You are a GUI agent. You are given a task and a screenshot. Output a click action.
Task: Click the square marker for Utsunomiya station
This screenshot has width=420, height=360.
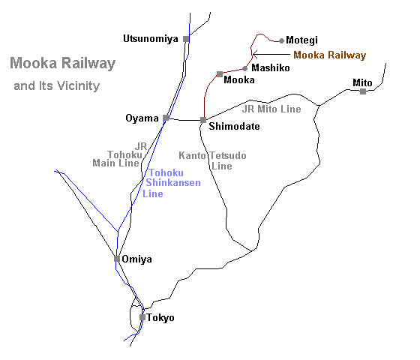pyautogui.click(x=186, y=39)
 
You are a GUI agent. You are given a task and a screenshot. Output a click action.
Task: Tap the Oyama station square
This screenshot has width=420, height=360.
pyautogui.click(x=166, y=118)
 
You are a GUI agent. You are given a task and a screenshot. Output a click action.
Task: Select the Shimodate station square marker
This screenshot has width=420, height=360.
pyautogui.click(x=203, y=120)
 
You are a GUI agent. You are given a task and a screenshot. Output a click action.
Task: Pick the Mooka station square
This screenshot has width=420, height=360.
pyautogui.click(x=220, y=74)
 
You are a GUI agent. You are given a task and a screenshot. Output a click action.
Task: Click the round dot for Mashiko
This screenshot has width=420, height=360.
pyautogui.click(x=244, y=69)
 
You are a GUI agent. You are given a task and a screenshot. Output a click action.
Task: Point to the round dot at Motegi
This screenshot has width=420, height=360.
pyautogui.click(x=281, y=41)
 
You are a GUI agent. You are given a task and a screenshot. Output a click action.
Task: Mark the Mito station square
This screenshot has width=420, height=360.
pyautogui.click(x=363, y=91)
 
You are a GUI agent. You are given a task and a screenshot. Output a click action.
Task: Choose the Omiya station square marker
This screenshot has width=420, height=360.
pyautogui.click(x=117, y=259)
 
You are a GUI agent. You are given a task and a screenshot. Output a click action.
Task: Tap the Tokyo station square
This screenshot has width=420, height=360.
pyautogui.click(x=142, y=317)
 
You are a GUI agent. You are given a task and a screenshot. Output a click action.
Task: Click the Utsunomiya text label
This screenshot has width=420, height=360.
pyautogui.click(x=151, y=39)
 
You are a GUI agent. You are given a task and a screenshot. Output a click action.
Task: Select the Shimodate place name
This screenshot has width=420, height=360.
pyautogui.click(x=234, y=126)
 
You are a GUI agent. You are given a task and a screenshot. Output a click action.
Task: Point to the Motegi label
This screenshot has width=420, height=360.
pyautogui.click(x=301, y=40)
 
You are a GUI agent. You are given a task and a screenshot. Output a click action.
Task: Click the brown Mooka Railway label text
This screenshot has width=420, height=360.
pyautogui.click(x=330, y=55)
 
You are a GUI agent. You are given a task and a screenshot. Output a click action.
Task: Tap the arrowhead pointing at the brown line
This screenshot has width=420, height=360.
pyautogui.click(x=253, y=54)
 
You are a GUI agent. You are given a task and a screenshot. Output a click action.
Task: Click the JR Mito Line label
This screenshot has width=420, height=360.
pyautogui.click(x=271, y=109)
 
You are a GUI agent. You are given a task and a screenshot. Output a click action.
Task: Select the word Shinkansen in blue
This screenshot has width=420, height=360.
pyautogui.click(x=173, y=183)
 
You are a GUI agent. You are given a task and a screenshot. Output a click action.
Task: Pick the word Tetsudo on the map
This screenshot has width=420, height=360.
pyautogui.click(x=228, y=156)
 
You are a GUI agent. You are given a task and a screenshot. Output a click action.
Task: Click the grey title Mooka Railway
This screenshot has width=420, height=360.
pyautogui.click(x=63, y=64)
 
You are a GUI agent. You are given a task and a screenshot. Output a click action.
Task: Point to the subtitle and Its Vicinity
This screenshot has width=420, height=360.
pyautogui.click(x=57, y=86)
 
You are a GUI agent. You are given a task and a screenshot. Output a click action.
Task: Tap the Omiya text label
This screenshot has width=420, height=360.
pyautogui.click(x=136, y=259)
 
